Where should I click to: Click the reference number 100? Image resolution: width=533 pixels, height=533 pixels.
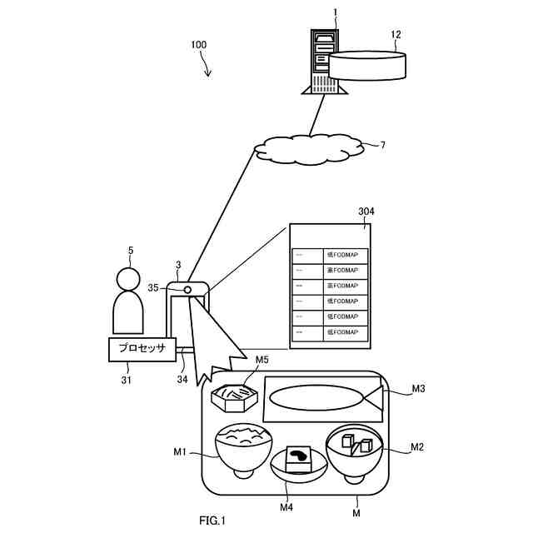[200, 43]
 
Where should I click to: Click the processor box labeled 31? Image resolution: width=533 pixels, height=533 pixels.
[143, 349]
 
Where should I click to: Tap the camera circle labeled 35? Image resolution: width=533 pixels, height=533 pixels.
[187, 288]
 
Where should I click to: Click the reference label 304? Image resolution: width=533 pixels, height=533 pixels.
[366, 212]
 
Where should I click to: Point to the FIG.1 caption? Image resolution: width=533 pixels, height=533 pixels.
[212, 521]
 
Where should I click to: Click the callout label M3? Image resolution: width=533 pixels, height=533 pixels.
[418, 388]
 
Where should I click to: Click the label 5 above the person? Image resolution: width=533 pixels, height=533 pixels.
[130, 249]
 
